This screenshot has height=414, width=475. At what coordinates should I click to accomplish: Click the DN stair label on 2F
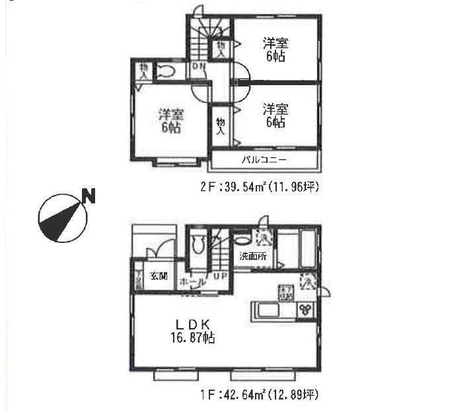click(x=199, y=67)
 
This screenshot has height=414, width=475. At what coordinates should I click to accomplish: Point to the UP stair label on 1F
click(x=220, y=276)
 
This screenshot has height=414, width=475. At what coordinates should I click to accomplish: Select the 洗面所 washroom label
click(x=253, y=257)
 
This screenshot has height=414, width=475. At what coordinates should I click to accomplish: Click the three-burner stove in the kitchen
click(x=305, y=309)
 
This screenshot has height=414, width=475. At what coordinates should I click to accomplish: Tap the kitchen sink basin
click(x=264, y=309)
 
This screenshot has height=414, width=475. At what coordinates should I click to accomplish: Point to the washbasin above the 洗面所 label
click(x=244, y=237)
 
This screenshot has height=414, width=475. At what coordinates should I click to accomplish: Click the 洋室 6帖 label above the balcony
click(x=274, y=116)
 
